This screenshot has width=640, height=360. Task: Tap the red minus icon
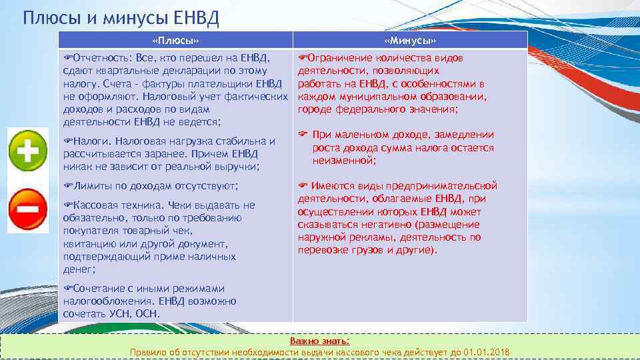[27, 210]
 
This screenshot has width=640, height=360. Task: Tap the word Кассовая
[98, 205]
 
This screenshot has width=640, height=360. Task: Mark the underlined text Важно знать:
[319, 341]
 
